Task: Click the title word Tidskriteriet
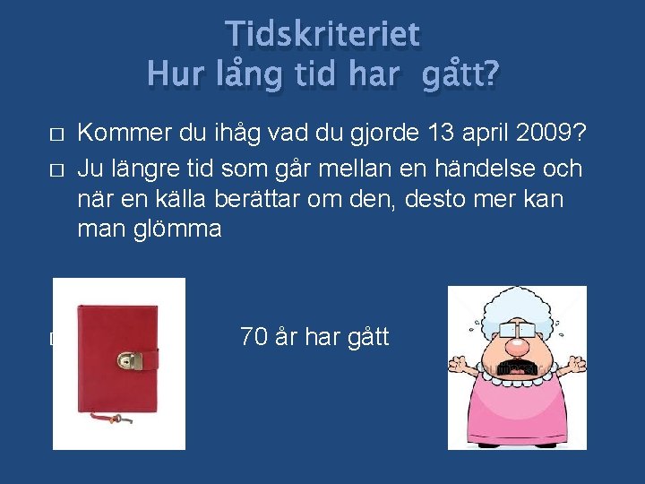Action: coord(322,34)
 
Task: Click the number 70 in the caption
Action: coord(254,338)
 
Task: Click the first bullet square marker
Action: coord(56,135)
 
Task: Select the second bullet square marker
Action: coord(56,169)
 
